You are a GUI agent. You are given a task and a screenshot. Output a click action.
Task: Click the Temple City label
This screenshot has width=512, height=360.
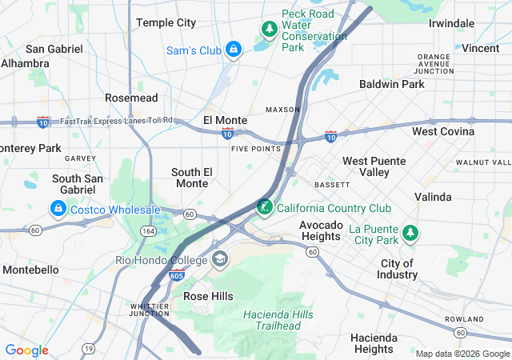(166, 22)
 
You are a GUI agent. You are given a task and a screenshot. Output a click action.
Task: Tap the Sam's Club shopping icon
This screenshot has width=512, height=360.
(233, 50)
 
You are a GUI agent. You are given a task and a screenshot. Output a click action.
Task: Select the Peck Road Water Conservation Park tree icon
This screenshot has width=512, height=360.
(270, 30)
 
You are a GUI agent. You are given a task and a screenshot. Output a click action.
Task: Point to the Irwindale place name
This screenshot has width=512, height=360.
(451, 23)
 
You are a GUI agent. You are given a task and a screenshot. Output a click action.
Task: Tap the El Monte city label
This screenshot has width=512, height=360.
(225, 120)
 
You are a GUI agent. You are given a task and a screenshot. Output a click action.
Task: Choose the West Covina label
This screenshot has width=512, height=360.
(443, 131)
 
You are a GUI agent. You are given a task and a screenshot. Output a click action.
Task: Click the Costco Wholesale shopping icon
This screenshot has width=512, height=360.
(58, 210)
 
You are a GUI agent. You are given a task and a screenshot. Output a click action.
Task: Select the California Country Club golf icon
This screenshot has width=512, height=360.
(264, 208)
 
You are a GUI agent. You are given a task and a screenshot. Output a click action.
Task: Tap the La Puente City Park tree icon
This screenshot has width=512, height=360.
(410, 233)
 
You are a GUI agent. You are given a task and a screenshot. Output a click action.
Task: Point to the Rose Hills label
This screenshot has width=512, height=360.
(208, 296)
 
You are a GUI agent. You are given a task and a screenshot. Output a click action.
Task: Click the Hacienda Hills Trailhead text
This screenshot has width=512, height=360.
(279, 320)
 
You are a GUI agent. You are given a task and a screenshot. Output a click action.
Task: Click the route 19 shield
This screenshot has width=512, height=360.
(87, 350)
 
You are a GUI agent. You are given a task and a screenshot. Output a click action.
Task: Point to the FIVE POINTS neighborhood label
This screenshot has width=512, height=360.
(256, 149)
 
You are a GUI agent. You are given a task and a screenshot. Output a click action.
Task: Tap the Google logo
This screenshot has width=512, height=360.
(27, 350)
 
